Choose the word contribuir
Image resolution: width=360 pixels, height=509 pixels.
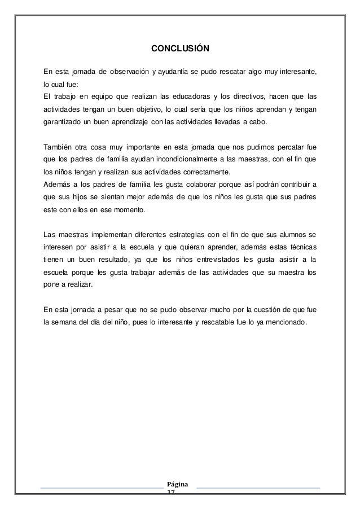point(291,185)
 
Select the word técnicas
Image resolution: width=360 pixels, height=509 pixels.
point(301,247)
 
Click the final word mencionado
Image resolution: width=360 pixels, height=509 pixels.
point(283,323)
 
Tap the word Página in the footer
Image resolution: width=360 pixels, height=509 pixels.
point(180,485)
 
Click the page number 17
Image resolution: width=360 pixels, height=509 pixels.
point(172,492)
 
